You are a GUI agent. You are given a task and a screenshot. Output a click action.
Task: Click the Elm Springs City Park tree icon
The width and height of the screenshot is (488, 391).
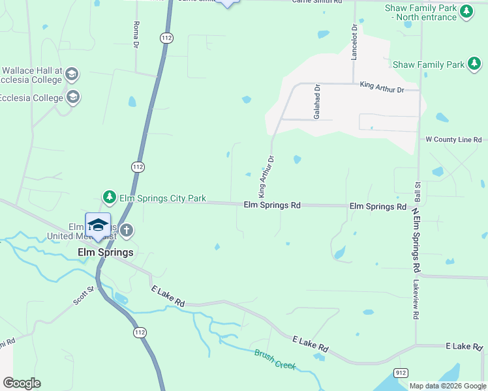pos(110,197)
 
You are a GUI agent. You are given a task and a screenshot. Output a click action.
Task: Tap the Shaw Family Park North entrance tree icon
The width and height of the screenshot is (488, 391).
pos(466,11)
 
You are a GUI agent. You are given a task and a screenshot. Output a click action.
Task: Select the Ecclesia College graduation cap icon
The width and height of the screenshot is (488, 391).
pos(73,98)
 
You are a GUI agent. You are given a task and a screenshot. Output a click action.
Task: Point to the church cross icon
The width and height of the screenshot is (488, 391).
pos(127,230)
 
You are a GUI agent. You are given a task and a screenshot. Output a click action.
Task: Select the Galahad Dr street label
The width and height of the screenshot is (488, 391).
pos(317,101)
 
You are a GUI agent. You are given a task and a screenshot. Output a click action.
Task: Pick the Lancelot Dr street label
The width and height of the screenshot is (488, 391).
pos(354,42)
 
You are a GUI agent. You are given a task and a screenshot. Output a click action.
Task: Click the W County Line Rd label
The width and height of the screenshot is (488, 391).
pos(453,139)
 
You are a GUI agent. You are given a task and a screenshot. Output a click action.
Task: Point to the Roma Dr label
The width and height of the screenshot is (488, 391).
pos(136,35)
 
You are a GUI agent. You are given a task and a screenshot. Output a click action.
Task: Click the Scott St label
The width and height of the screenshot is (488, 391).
pos(84,295)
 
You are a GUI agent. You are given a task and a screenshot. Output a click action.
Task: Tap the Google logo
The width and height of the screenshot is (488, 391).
pos(22,383)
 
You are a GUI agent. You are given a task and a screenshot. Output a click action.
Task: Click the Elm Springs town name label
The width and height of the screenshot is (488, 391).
pos(105,252)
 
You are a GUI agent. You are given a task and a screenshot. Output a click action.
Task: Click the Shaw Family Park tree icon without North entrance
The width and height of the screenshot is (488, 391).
pos(474,64)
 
